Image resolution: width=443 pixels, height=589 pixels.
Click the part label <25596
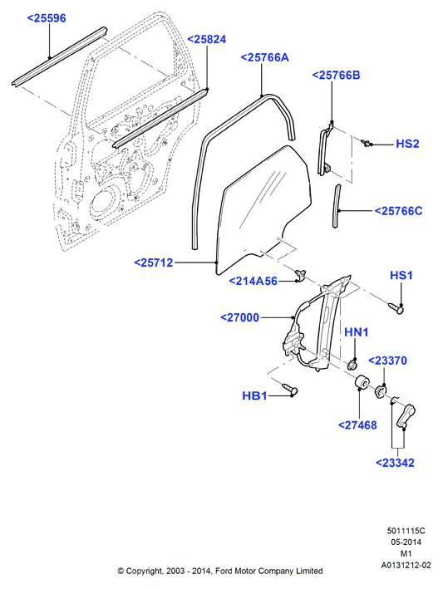tap(47, 18)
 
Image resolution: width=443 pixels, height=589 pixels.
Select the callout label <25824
tap(207, 39)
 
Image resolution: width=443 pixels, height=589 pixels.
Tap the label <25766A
tap(264, 57)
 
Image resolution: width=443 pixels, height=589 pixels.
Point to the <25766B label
tap(336, 75)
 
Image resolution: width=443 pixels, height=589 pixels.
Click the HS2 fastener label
tap(407, 144)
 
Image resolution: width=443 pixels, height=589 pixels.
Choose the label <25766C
tap(398, 211)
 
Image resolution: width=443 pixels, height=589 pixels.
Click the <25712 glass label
tap(154, 263)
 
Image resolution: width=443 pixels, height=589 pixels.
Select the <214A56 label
tap(253, 281)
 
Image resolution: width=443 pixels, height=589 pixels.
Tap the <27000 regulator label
tap(239, 318)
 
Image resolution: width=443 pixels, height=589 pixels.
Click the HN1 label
tap(357, 332)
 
